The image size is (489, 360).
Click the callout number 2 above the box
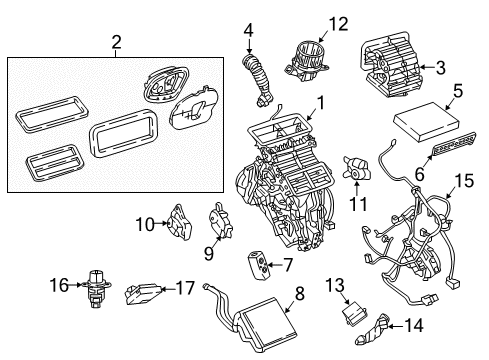pos(116,42)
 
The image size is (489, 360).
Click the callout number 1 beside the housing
pos(320,101)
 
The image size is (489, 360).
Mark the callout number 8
pos(297,293)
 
